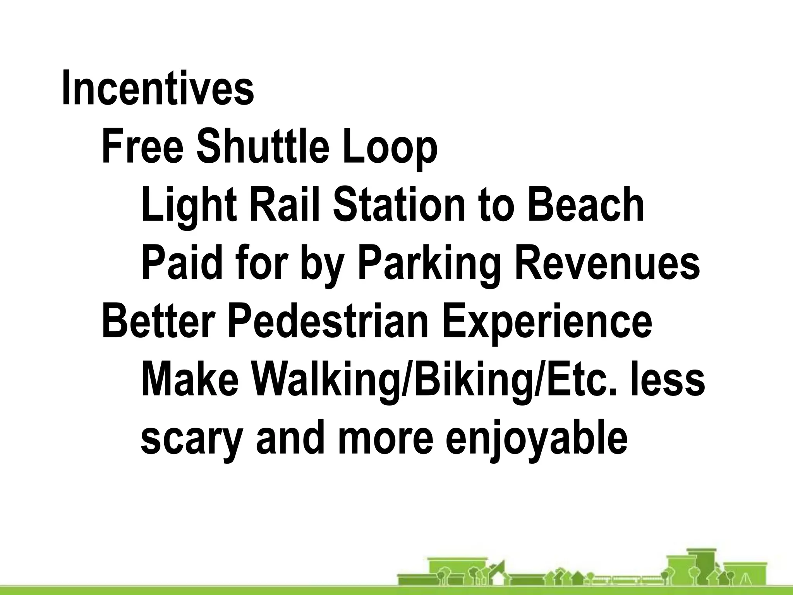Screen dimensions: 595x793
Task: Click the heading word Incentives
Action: point(158,88)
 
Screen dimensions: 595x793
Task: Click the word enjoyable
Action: point(536,440)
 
